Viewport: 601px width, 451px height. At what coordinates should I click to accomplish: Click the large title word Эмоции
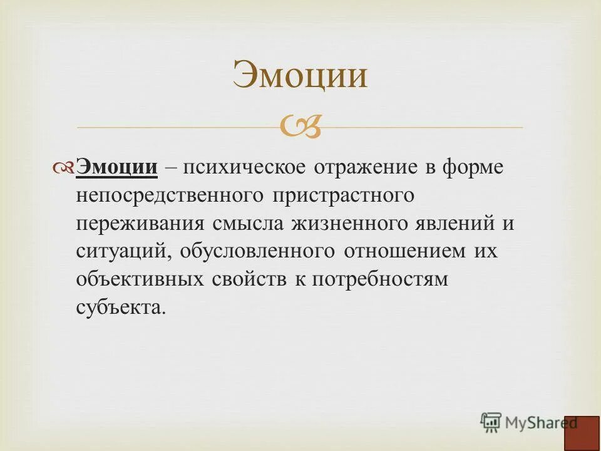pos(300,76)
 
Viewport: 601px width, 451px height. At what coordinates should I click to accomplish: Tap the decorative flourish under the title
pos(300,128)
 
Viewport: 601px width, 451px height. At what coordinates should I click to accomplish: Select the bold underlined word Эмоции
pos(116,168)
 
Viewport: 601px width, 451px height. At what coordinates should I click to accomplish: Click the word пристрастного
pos(343,195)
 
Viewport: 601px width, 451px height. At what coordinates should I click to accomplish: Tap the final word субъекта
pos(121,307)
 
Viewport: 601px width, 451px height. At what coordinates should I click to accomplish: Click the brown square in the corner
pos(582,432)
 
